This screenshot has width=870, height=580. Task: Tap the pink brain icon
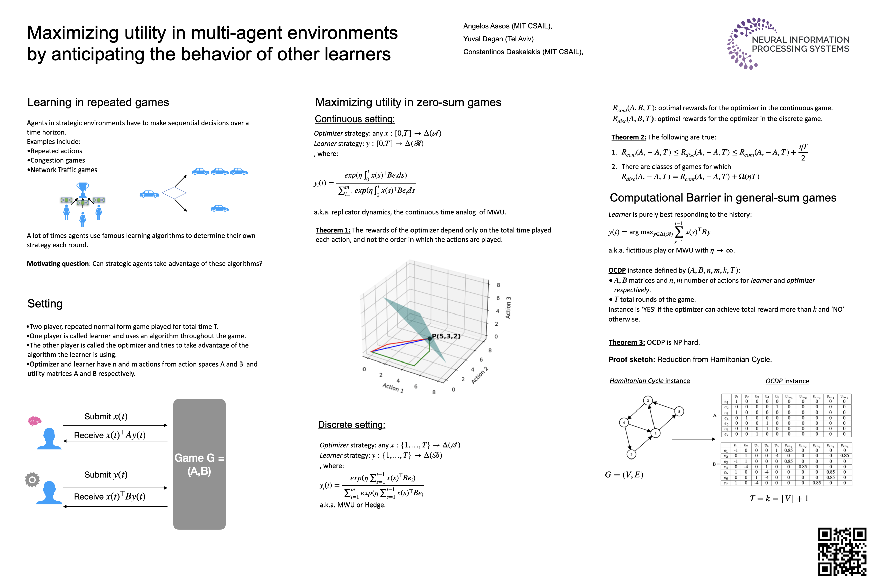tap(34, 421)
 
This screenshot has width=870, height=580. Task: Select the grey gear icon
tap(32, 480)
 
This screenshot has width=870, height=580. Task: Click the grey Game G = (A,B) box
tap(199, 464)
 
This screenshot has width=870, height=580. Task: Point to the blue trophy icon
tap(83, 189)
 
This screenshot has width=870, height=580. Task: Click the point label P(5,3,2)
tap(446, 336)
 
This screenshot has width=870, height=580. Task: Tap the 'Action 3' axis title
tap(508, 307)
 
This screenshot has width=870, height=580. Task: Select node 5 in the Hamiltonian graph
tap(679, 411)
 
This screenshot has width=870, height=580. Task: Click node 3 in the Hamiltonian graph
tap(631, 454)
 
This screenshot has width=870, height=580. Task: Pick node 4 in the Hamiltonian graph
tap(624, 423)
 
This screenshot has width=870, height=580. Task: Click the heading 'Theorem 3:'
tap(626, 342)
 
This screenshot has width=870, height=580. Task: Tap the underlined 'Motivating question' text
tap(58, 264)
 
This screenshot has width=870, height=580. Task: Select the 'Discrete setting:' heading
tap(351, 425)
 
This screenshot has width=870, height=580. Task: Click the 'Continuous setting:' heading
tap(354, 119)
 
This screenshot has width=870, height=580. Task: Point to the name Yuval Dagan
tap(498, 39)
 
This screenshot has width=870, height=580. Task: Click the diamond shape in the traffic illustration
tap(174, 193)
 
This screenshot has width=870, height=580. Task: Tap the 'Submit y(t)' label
tap(106, 475)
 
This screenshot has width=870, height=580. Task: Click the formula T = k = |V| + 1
tap(779, 499)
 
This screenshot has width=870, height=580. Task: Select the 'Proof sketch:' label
tap(631, 359)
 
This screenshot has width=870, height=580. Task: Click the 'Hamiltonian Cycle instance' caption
tap(649, 381)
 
